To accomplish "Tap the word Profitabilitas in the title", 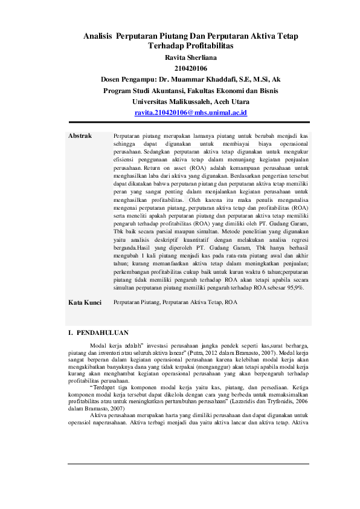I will (208, 46).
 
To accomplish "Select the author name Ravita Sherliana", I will (190, 57).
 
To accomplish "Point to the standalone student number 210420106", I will (190, 68).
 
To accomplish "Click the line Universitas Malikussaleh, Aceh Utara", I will (190, 102).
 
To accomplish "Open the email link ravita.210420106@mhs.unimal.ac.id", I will (190, 113).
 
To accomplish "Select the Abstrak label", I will (80, 136).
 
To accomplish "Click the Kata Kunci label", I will (85, 302).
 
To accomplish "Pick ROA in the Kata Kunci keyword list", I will (231, 302).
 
